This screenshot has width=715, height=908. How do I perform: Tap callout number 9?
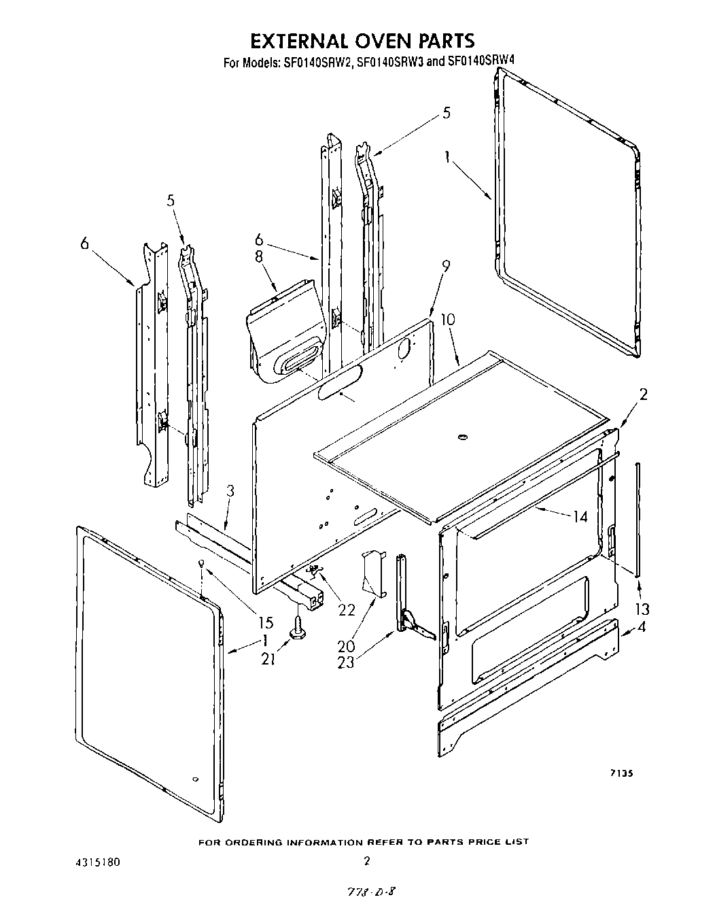[446, 267]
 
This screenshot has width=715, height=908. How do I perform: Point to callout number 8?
[259, 257]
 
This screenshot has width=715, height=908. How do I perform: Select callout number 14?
[580, 517]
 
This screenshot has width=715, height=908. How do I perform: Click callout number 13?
[642, 609]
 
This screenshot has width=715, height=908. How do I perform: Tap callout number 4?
[642, 627]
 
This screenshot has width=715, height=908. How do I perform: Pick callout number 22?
[347, 609]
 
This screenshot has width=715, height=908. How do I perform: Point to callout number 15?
[265, 622]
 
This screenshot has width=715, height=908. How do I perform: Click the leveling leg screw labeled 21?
[297, 627]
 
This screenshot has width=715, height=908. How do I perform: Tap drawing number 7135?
[622, 773]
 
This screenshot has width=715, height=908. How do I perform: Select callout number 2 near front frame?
[643, 394]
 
